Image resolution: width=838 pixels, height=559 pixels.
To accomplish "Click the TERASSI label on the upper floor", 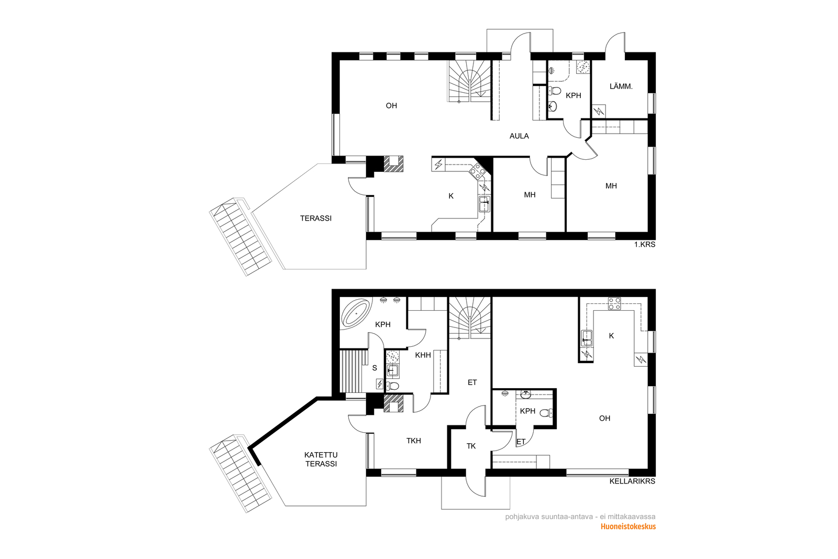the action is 316,218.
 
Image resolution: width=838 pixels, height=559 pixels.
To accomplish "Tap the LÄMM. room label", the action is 621,86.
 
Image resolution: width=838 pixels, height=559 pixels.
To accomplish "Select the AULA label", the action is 519,136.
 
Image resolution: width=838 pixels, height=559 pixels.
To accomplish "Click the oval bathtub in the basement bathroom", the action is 356,313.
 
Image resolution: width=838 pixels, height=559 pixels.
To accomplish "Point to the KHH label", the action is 423,355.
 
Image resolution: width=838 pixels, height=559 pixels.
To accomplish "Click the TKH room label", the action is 414,441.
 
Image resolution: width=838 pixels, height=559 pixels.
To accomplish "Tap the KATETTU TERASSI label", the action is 321,459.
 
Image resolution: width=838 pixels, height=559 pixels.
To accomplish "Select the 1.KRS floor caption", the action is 645,245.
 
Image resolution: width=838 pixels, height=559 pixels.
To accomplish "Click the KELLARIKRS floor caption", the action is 632,481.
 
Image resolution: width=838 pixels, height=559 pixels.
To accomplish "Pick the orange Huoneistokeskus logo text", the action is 628,527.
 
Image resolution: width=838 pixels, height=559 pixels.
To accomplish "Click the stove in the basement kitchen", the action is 614,303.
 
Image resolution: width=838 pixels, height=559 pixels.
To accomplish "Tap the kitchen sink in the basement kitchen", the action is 586,338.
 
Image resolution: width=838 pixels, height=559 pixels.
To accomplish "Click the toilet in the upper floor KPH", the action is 554,91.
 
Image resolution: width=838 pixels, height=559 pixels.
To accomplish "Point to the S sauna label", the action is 374,368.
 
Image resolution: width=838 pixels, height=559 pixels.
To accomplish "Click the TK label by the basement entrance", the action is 471,446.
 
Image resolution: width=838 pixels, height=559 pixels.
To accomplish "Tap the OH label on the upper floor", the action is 391,106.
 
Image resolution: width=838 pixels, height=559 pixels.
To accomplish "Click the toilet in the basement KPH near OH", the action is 547,413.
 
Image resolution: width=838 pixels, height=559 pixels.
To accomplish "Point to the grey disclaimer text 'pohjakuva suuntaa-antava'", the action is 549,517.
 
